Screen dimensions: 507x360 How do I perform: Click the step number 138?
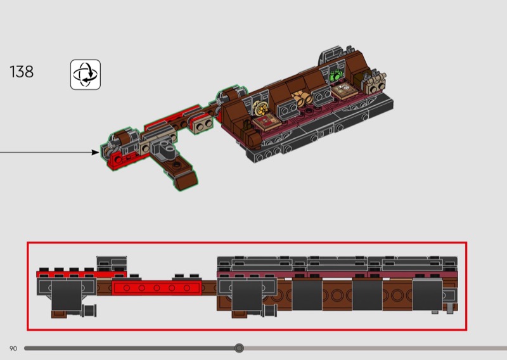(22, 72)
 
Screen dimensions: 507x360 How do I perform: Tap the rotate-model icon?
(86, 74)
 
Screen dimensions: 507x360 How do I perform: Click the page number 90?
(13, 349)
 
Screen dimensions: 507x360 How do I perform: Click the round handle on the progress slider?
(240, 348)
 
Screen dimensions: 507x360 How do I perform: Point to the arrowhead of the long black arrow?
(96, 152)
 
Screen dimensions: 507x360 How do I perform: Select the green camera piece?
(336, 75)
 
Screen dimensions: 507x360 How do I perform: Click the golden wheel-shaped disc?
(261, 108)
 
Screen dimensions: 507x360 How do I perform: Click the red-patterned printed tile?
(267, 122)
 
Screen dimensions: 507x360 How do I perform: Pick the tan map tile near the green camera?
(345, 89)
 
